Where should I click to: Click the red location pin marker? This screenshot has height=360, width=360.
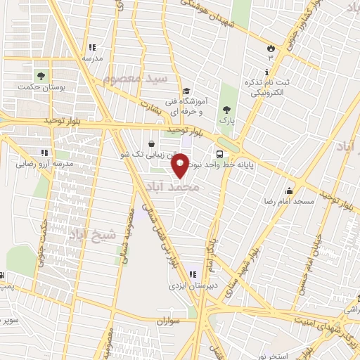click(x=181, y=165)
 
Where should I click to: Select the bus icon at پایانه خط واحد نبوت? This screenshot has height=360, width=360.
click(x=220, y=154)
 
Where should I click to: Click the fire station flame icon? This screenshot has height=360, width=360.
click(x=270, y=46)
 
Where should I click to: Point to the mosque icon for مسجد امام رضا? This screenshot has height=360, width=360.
click(x=289, y=191)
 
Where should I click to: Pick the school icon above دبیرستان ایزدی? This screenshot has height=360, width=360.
click(x=192, y=274)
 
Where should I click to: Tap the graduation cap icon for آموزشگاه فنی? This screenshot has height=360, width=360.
click(x=186, y=91)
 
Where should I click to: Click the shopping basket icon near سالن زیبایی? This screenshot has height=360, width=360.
click(x=152, y=144)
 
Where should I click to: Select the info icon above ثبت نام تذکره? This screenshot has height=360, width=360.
click(x=266, y=72)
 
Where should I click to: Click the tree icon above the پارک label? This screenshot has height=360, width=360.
click(x=226, y=110)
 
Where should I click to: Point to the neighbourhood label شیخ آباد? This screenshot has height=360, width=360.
click(x=92, y=235)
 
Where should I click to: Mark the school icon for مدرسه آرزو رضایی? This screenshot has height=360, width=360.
click(x=44, y=152)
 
